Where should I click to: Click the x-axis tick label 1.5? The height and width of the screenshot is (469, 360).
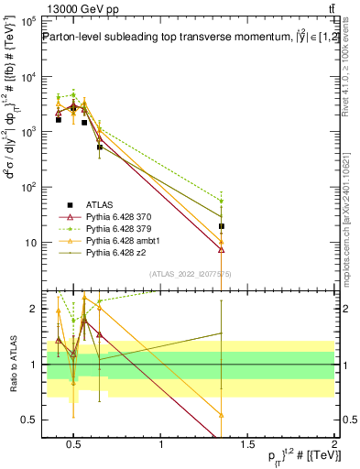248,446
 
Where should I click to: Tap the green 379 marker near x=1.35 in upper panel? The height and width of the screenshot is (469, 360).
222,201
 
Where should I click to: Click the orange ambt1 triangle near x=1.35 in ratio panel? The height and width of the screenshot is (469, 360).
222,415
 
